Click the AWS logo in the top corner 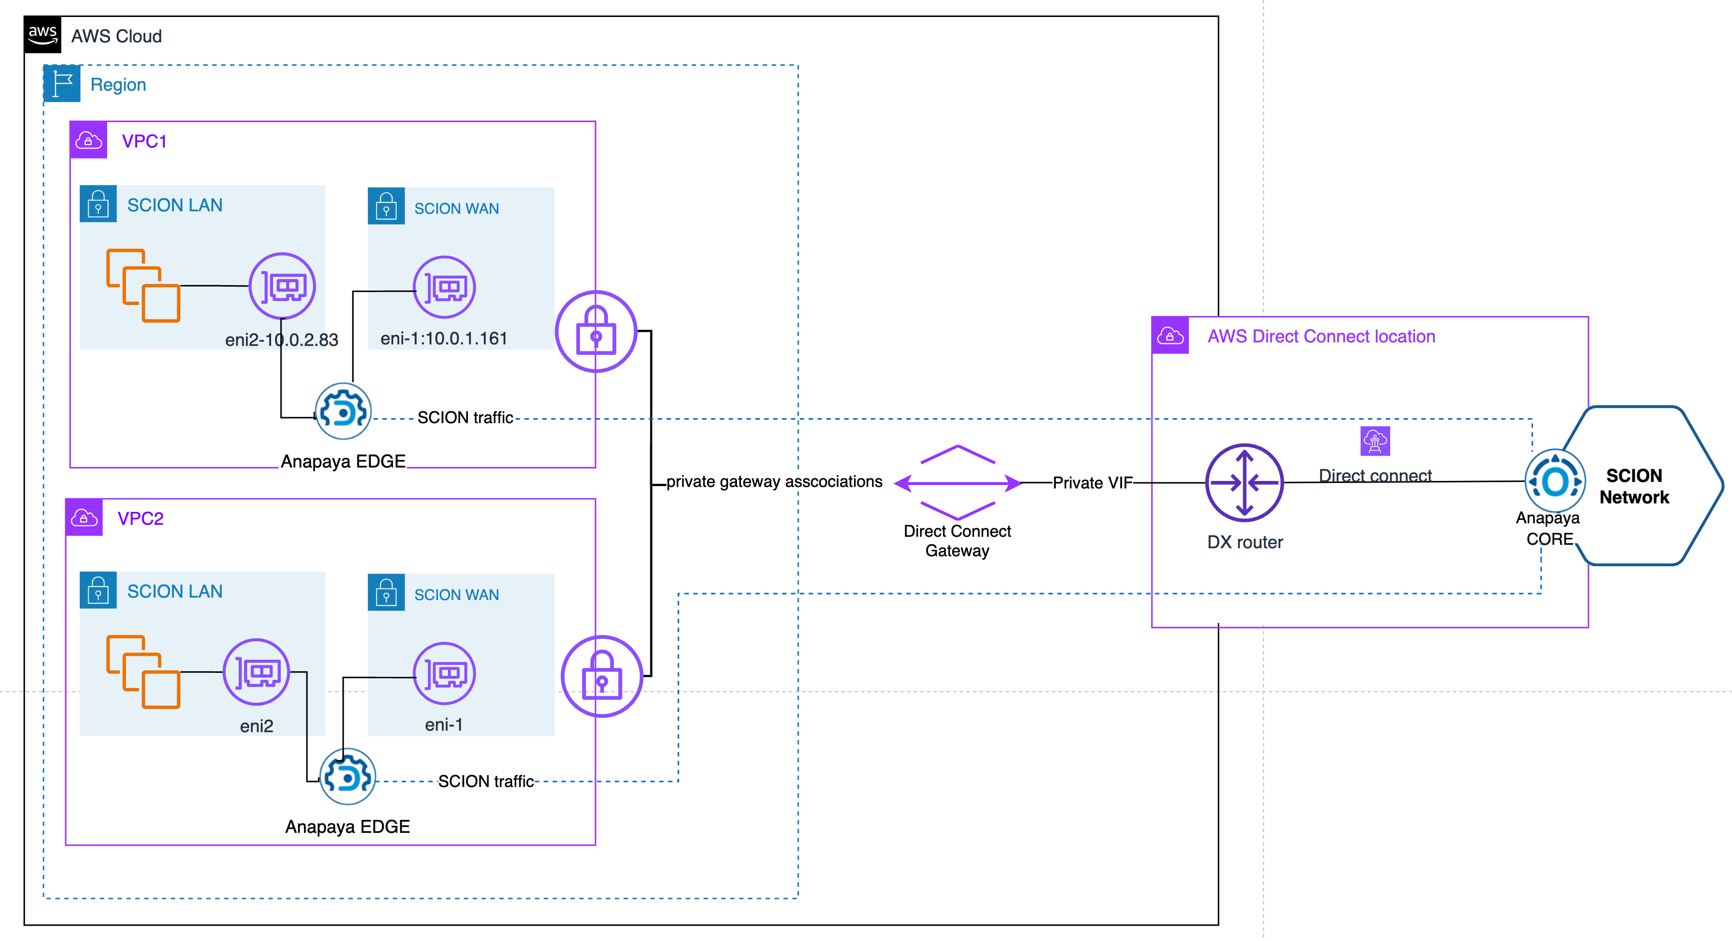pyautogui.click(x=42, y=34)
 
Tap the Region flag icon pyautogui.click(x=62, y=83)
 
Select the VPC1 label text pyautogui.click(x=144, y=141)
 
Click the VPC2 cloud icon pyautogui.click(x=84, y=517)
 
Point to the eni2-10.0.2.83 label pyautogui.click(x=281, y=340)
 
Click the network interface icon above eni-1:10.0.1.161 pyautogui.click(x=444, y=287)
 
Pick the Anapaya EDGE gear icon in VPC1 pyautogui.click(x=343, y=411)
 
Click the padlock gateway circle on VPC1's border pyautogui.click(x=596, y=331)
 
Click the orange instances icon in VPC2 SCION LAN pyautogui.click(x=143, y=671)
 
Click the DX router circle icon pyautogui.click(x=1245, y=482)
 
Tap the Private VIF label pyautogui.click(x=1092, y=483)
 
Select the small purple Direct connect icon pyautogui.click(x=1375, y=441)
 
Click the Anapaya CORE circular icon pyautogui.click(x=1555, y=481)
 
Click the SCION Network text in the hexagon pyautogui.click(x=1634, y=486)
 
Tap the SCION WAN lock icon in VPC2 pyautogui.click(x=386, y=592)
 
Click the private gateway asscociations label pyautogui.click(x=774, y=481)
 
